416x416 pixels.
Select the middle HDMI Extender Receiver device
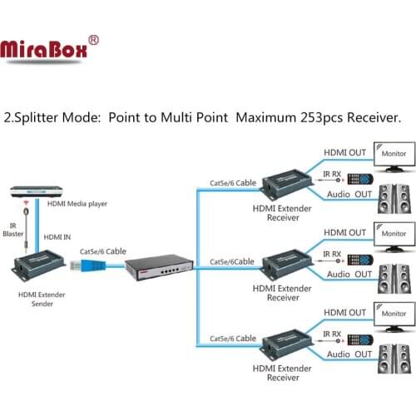point(287,265)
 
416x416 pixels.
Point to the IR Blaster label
point(13,229)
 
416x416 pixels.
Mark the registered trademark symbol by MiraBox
point(93,39)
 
